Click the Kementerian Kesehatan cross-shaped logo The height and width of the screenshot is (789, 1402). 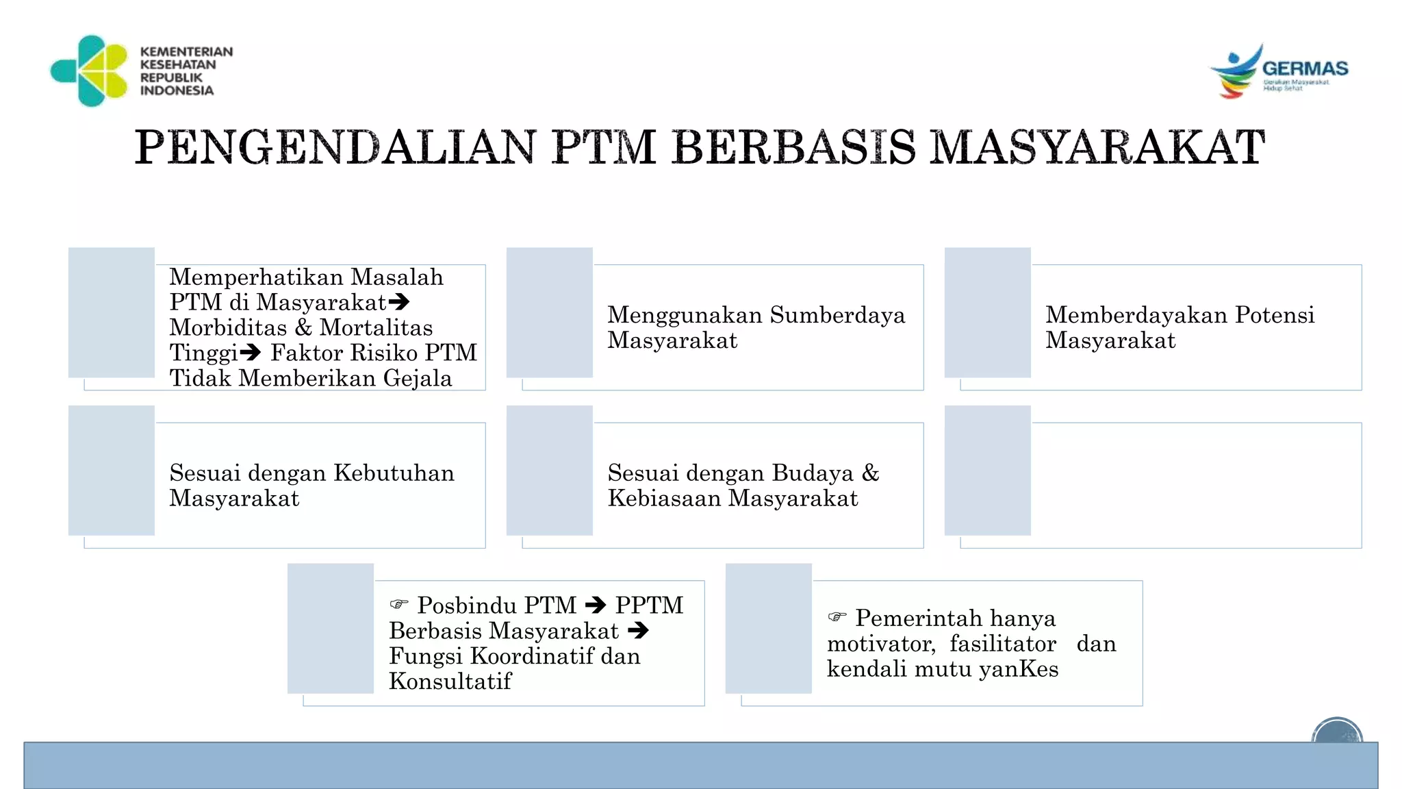click(90, 71)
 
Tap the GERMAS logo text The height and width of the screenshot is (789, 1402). click(1305, 68)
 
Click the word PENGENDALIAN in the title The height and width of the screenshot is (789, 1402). click(335, 147)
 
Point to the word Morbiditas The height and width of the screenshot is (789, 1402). click(228, 327)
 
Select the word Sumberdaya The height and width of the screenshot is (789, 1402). click(837, 315)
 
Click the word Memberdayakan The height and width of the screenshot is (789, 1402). click(1136, 315)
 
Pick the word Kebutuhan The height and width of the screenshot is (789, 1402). click(394, 473)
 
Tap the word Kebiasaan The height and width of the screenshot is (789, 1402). click(664, 499)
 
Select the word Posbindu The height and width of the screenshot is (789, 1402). click(463, 605)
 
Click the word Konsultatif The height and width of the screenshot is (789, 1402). click(450, 681)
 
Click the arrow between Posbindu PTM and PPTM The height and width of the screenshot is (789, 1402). click(596, 605)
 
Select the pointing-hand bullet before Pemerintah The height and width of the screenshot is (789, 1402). click(837, 617)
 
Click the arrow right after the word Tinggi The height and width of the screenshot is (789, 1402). click(251, 352)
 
